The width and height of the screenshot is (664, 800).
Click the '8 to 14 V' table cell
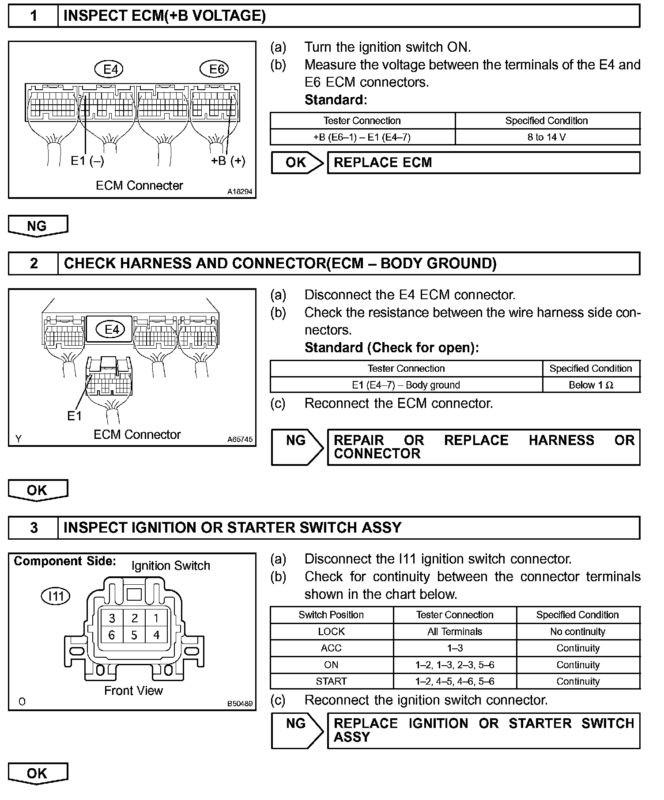[x=547, y=137]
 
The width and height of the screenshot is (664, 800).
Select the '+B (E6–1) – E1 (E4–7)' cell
[x=362, y=137]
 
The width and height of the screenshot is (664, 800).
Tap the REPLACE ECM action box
[x=483, y=163]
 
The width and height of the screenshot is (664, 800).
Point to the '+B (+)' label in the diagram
[x=228, y=160]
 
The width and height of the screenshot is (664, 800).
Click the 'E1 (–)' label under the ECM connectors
[x=87, y=161]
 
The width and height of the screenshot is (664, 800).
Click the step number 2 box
[x=34, y=263]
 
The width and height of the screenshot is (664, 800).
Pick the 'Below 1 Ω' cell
[x=591, y=385]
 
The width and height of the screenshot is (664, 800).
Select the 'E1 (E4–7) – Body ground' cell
[x=406, y=385]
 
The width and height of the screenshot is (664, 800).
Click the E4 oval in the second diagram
[x=112, y=329]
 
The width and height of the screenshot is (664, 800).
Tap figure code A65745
[x=240, y=439]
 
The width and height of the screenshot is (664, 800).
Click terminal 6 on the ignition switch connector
[x=112, y=635]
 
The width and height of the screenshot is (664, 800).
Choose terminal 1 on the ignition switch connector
[x=156, y=618]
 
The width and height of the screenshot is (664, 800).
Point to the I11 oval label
[x=56, y=596]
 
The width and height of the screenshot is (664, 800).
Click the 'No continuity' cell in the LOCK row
[x=577, y=632]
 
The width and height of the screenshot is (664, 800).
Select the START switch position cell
[x=331, y=681]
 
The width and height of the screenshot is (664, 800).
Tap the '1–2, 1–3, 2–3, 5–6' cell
[x=455, y=665]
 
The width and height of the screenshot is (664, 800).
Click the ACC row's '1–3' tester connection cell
[x=455, y=648]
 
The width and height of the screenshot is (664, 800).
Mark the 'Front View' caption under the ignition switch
[x=133, y=690]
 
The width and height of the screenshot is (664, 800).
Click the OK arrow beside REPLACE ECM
[x=297, y=163]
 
